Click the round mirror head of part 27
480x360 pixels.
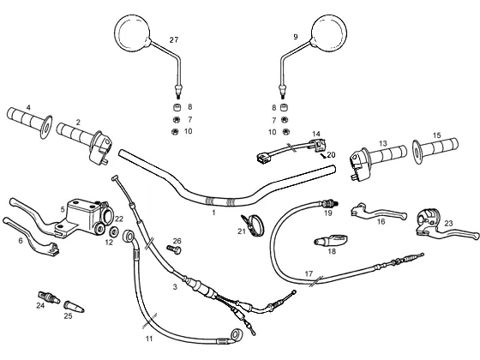point(132,33)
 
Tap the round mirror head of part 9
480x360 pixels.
point(329,33)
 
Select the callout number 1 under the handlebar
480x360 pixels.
point(213,213)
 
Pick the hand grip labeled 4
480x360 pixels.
point(29,123)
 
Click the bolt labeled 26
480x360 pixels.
point(174,249)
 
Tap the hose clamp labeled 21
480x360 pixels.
point(254,225)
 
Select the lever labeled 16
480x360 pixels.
point(379,212)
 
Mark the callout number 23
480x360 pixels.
point(448,223)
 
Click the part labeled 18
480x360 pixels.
point(331,240)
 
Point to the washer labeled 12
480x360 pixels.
point(114,231)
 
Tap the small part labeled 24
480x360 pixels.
point(49,297)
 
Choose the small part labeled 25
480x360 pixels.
point(74,307)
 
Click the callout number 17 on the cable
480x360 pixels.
point(309,273)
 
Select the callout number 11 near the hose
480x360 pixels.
point(149,339)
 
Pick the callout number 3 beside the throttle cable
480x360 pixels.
point(175,286)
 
